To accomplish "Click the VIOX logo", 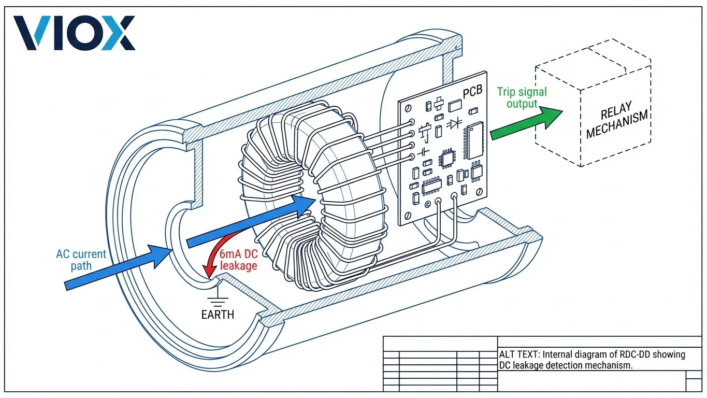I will [74, 33].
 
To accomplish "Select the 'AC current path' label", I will [81, 260].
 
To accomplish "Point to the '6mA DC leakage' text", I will [239, 260].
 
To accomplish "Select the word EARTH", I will [218, 315].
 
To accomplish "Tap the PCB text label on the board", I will [472, 92].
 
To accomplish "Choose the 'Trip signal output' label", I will [522, 98].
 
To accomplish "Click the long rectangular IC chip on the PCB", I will [474, 141].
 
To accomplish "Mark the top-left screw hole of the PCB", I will [408, 107].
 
